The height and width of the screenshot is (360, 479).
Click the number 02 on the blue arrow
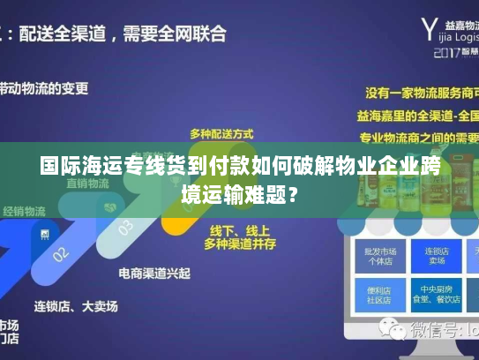click(60, 254)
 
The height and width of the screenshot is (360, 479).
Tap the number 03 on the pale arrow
click(126, 228)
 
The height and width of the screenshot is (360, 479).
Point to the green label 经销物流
click(25, 211)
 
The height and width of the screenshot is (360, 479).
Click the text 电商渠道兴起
click(154, 274)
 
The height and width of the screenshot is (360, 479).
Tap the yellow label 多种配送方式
click(221, 133)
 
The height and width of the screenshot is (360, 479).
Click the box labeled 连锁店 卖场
click(435, 256)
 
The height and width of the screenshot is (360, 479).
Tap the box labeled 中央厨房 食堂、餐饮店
click(435, 293)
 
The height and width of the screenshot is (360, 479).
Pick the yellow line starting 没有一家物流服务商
click(418, 91)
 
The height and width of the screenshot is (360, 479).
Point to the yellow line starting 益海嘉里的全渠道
click(418, 115)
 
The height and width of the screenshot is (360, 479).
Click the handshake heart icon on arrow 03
click(110, 206)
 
